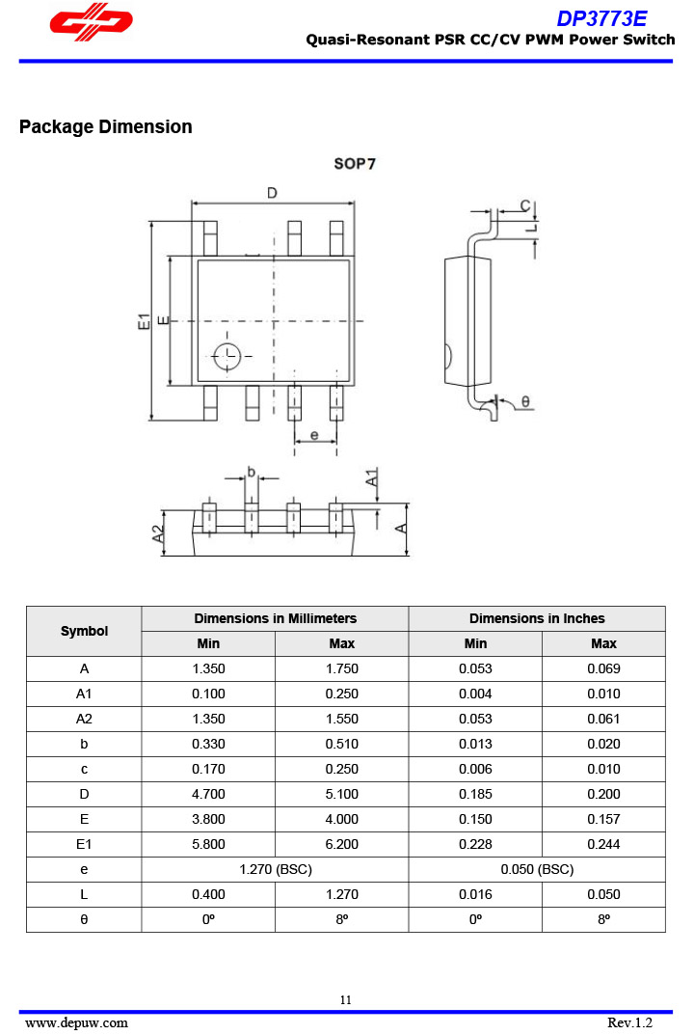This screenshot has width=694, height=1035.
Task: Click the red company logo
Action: [92, 23]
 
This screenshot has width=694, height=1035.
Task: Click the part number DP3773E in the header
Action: [601, 18]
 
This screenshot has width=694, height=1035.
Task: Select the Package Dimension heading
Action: [105, 127]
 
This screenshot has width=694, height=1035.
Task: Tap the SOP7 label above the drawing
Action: [355, 164]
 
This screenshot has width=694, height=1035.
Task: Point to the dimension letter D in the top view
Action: [273, 193]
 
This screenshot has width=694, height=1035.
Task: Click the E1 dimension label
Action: [143, 321]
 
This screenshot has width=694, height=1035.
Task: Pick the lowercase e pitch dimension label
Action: [314, 436]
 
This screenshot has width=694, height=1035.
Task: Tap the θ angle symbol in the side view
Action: [525, 401]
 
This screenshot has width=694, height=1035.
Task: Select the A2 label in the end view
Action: [158, 533]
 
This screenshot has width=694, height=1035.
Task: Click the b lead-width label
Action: [251, 472]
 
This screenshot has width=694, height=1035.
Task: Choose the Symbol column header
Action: [84, 631]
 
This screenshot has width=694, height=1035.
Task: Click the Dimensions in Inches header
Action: [537, 618]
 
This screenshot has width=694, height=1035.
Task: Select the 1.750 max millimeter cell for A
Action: [341, 668]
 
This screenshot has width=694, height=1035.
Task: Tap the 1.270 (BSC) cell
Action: [275, 869]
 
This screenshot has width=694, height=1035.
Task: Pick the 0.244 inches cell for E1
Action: [603, 844]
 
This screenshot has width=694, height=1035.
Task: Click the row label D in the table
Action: [84, 794]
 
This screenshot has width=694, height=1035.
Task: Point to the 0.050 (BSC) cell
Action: [537, 869]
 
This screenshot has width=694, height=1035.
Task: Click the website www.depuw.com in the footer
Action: [76, 1022]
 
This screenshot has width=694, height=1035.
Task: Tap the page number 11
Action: [345, 999]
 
